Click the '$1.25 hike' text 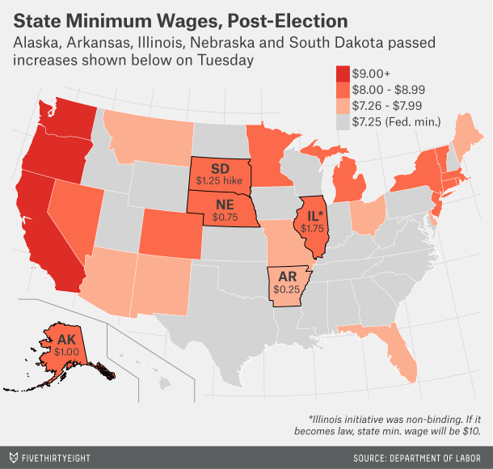(x=220, y=177)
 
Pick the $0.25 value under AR (x=285, y=288)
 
